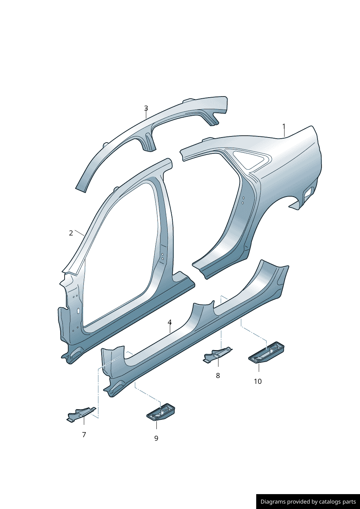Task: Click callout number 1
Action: pos(284,126)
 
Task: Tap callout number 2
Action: pos(71,233)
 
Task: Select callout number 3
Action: pos(146,108)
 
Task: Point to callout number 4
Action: pos(169,322)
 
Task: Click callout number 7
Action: pos(84,434)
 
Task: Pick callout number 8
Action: pos(218,375)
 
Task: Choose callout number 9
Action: pos(156,438)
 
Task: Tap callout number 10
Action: pos(258,381)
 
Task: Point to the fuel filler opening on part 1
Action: pos(308,192)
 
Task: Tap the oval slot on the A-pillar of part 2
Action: pos(78,310)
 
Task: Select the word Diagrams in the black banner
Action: pos(273,502)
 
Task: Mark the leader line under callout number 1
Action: pos(284,133)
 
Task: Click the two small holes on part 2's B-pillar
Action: pos(163,256)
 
